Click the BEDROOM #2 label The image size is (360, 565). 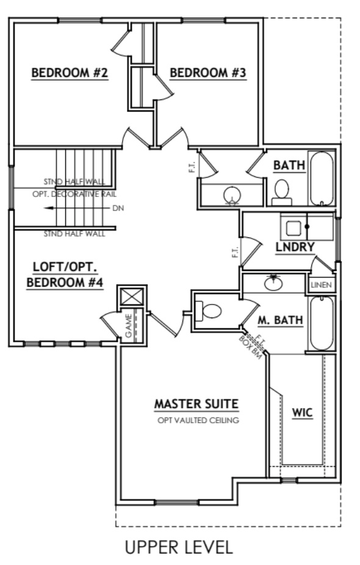70,73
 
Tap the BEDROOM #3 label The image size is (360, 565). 207,73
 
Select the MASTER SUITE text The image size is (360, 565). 196,404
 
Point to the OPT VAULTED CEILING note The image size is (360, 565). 196,420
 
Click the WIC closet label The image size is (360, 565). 302,413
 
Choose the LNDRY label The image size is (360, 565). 295,247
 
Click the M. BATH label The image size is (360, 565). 280,320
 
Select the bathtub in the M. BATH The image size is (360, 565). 321,323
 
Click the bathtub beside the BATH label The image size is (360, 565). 322,178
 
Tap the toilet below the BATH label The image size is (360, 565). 282,191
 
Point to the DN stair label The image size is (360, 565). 118,208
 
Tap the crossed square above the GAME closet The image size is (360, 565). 132,297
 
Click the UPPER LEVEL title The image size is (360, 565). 179,547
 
